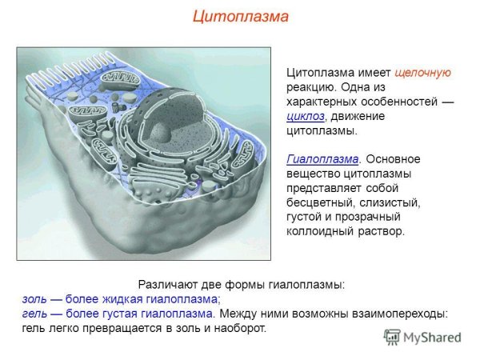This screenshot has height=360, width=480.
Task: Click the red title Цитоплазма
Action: click(239, 16)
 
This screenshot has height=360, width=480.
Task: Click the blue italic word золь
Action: click(34, 299)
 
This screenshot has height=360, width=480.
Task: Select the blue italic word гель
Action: click(34, 314)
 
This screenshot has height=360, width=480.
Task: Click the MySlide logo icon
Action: click(391, 337)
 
